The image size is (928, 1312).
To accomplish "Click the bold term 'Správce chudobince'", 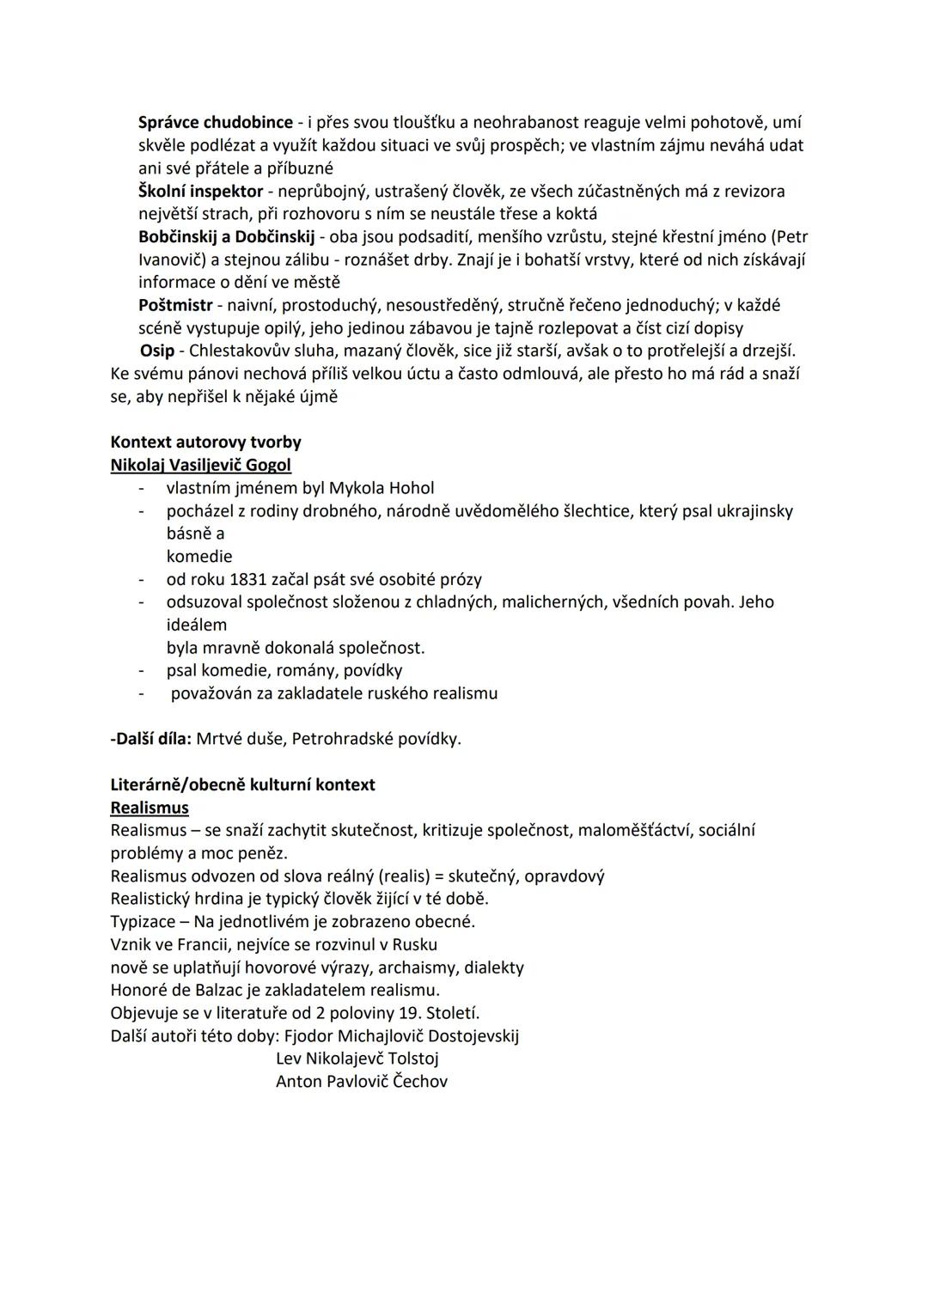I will click(216, 123).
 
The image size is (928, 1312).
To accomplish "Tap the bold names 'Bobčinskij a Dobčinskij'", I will click(226, 236).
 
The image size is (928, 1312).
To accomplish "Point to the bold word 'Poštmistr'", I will click(175, 305).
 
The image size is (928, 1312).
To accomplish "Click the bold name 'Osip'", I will click(157, 351).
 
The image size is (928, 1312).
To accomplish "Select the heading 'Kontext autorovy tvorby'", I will click(205, 442).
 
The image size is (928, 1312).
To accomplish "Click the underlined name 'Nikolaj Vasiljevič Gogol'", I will click(200, 465).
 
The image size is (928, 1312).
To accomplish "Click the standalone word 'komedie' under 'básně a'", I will click(199, 556).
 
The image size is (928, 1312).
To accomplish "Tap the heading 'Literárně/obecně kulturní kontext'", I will click(242, 784).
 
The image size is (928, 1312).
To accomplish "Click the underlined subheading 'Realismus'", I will click(150, 808).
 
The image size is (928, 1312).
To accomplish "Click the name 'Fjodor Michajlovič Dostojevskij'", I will click(401, 1035).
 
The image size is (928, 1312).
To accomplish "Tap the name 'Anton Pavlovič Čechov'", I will click(361, 1082).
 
